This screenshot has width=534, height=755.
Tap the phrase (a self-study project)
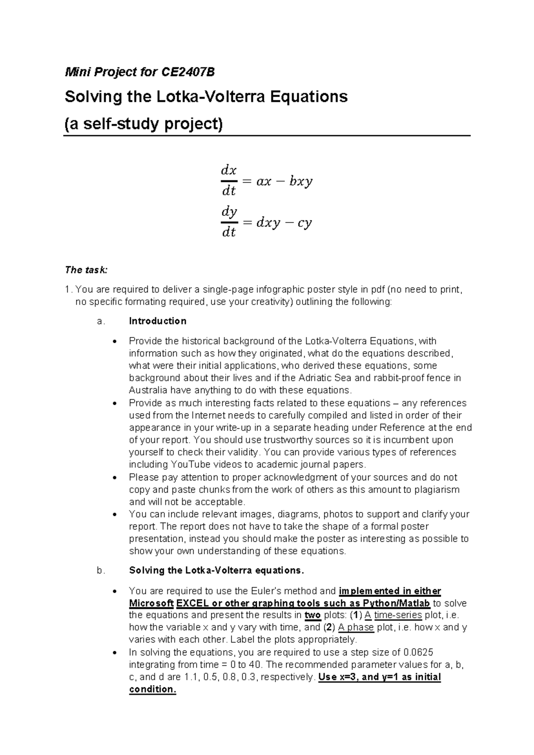pyautogui.click(x=143, y=123)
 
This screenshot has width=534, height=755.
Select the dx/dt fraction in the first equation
pyautogui.click(x=228, y=181)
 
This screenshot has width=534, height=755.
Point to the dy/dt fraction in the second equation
pyautogui.click(x=228, y=222)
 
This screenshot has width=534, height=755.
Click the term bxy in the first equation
pyautogui.click(x=301, y=182)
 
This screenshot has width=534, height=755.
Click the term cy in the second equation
pyautogui.click(x=305, y=223)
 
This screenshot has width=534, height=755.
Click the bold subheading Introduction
pyautogui.click(x=158, y=321)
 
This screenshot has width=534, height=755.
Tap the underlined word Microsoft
pyautogui.click(x=151, y=604)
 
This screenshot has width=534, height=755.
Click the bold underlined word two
pyautogui.click(x=312, y=616)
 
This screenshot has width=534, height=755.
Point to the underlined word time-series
pyautogui.click(x=398, y=616)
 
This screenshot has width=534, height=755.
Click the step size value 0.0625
pyautogui.click(x=418, y=653)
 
